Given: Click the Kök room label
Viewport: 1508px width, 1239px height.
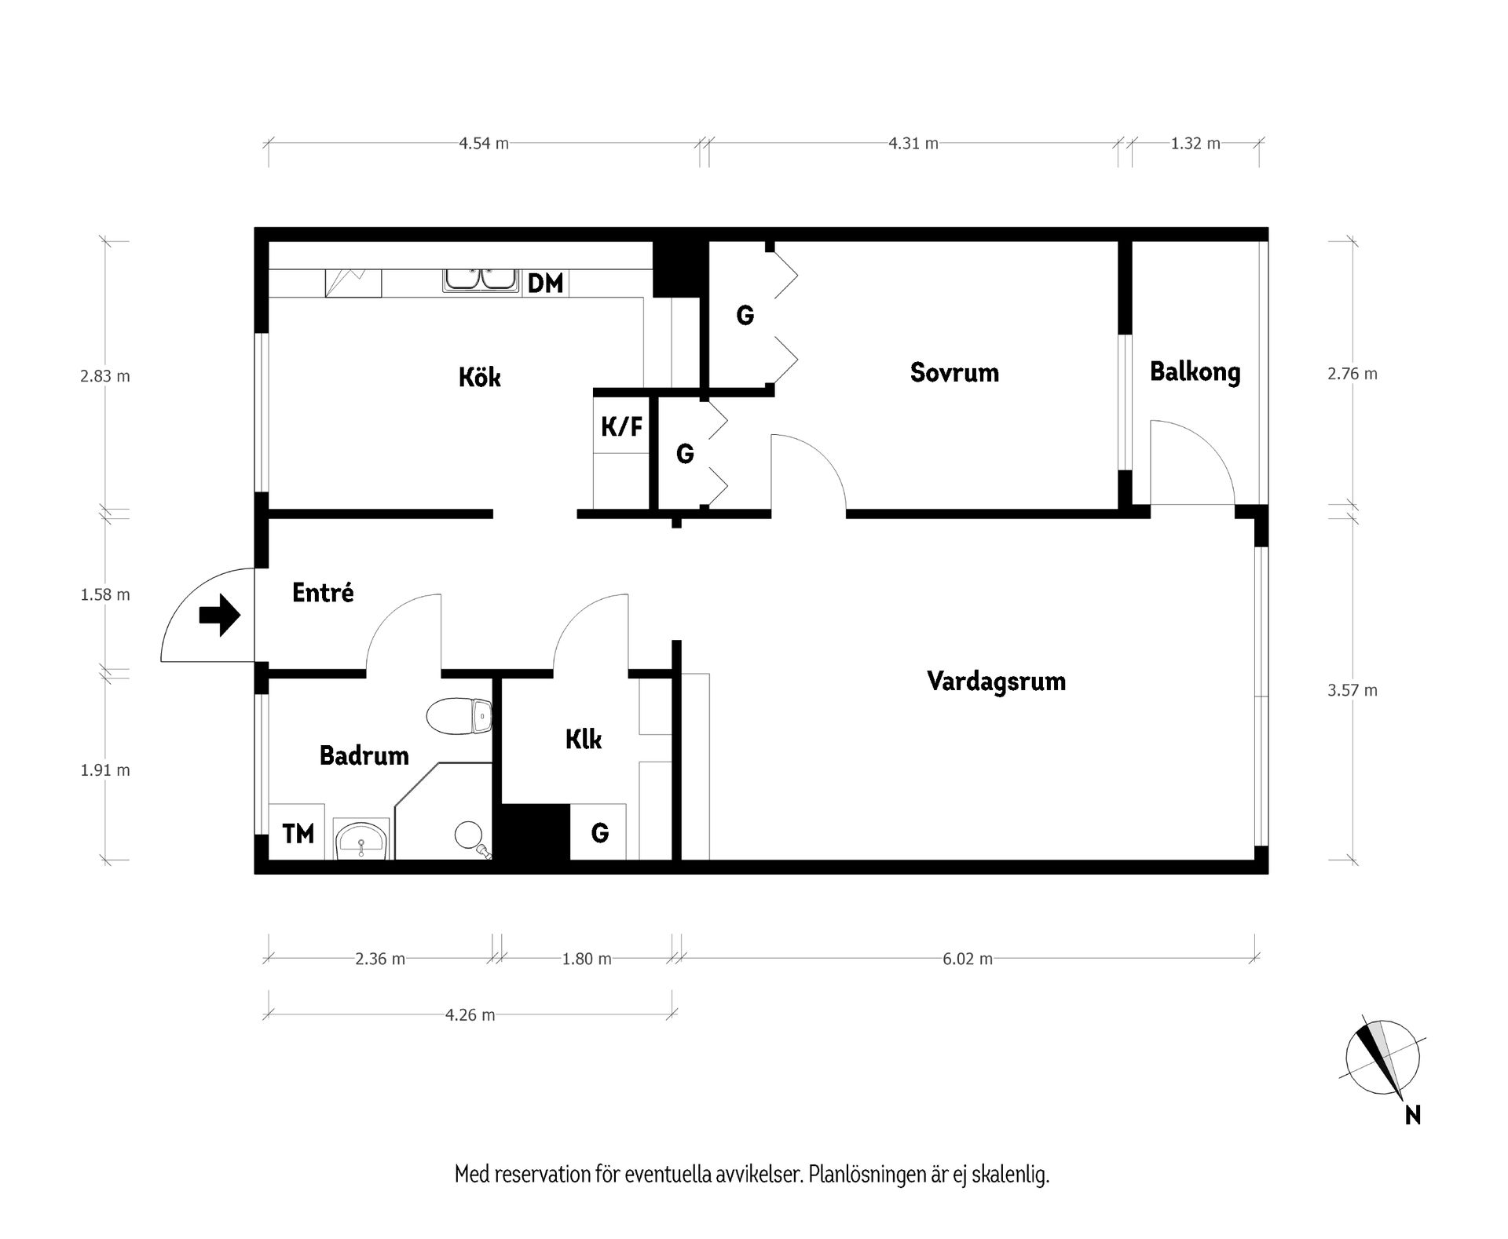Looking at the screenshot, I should coord(479,377).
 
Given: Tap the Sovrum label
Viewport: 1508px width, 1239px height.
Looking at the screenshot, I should coord(954,372).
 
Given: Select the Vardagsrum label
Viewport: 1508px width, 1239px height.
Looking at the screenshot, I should coord(996,681).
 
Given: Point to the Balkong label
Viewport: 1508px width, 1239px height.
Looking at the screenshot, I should coord(1195,372).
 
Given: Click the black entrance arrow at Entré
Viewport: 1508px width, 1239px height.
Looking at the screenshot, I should coord(219,615).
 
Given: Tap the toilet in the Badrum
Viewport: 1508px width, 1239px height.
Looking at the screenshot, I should coord(459,715).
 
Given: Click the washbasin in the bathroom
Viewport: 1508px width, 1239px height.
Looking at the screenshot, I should coord(361,842).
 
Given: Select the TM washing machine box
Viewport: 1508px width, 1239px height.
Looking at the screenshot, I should coord(298,833).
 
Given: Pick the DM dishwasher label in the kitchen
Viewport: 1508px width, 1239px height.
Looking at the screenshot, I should coord(545,283).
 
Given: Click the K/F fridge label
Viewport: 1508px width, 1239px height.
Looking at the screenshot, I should coord(621,427).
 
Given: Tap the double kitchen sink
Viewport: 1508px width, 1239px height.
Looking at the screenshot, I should coord(480,280).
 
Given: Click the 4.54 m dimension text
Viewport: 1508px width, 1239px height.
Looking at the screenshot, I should coord(484,144).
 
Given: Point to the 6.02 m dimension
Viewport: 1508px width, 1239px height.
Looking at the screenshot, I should coord(968,959).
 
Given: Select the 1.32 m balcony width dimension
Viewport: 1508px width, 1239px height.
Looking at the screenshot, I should coord(1195,144).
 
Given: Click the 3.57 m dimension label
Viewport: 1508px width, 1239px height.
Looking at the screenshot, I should coord(1352,691).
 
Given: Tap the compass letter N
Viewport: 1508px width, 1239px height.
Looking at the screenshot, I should coord(1412,1115).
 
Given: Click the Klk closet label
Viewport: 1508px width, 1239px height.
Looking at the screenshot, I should coord(584,740).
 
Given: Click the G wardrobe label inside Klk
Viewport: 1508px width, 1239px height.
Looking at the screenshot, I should coord(599,833).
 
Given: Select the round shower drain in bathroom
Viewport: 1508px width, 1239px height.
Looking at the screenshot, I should coord(468,833).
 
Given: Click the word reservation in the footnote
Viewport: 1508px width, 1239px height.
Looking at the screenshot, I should coord(544,1175).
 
